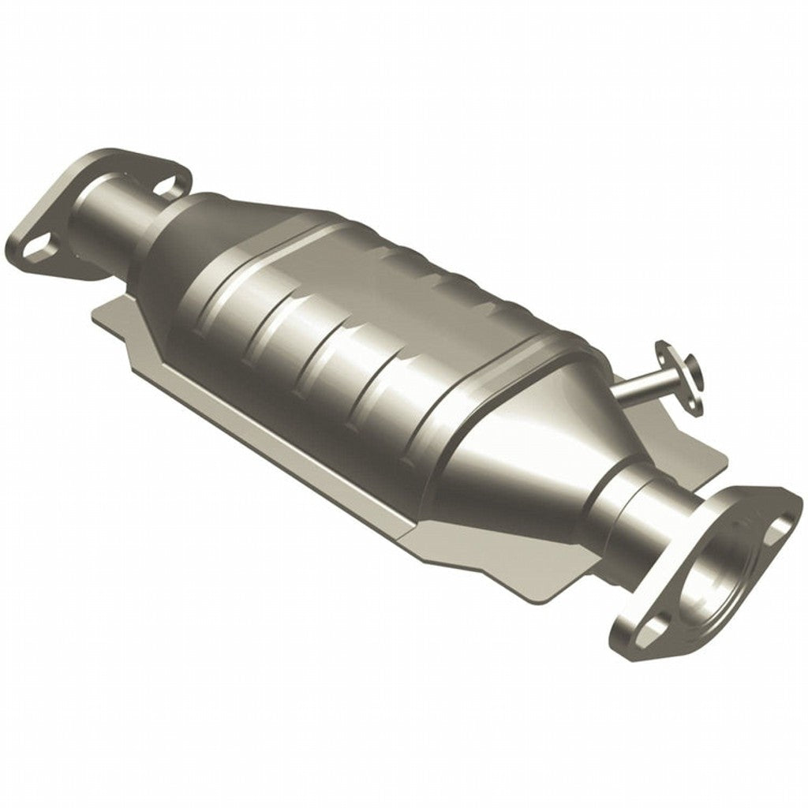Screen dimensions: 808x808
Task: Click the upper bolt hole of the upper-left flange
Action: [166, 186]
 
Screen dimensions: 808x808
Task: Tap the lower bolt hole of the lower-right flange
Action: [649, 631]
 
